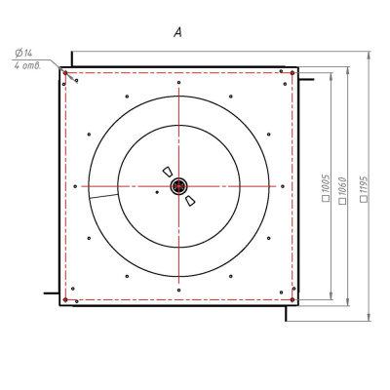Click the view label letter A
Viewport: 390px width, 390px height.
click(177, 32)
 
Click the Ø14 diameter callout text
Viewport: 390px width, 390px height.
click(23, 53)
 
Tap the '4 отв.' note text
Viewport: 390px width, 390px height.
click(27, 65)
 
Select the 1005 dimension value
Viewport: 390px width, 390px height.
click(327, 183)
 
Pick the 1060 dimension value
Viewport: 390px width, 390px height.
click(343, 186)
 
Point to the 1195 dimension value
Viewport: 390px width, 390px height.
click(364, 184)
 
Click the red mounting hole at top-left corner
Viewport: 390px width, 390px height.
click(65, 73)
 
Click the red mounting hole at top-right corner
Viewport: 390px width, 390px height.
click(292, 73)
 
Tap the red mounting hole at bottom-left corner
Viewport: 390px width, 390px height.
click(65, 299)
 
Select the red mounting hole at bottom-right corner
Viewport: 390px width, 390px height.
click(292, 299)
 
